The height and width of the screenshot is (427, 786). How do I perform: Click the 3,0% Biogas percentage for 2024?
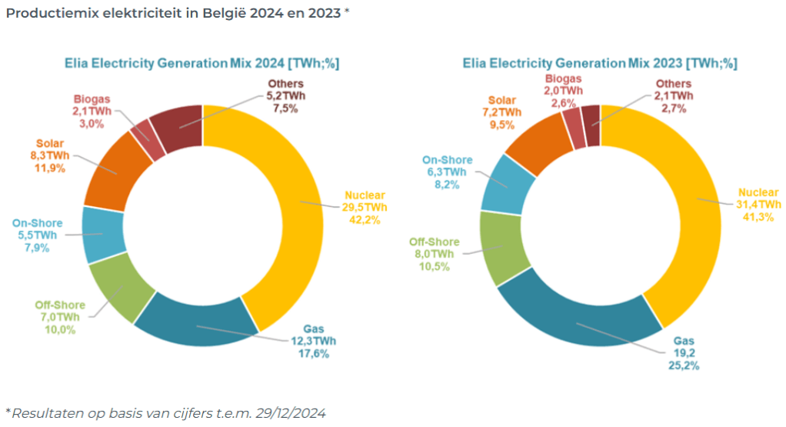point(92,123)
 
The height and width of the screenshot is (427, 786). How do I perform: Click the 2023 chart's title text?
point(599,63)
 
